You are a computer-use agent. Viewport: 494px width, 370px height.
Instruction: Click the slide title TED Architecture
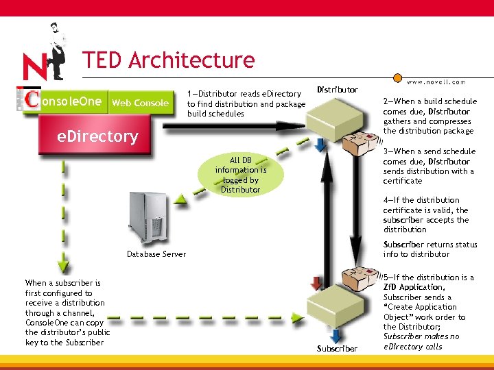[x=168, y=60]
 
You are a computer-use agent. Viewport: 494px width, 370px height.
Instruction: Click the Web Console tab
[x=140, y=103]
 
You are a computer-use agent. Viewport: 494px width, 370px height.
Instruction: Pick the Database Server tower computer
[x=147, y=219]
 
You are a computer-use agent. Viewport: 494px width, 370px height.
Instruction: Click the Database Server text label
[x=156, y=254]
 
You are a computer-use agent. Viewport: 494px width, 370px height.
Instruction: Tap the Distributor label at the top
[x=337, y=90]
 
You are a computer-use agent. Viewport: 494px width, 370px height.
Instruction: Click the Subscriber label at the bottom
[x=337, y=348]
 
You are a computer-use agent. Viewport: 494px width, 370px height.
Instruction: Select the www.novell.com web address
[x=436, y=82]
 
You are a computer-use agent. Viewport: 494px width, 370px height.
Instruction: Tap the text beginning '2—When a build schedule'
[x=430, y=116]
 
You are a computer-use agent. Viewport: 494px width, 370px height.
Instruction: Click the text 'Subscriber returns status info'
[x=430, y=249]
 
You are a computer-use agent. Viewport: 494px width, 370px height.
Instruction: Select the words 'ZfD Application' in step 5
[x=414, y=287]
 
